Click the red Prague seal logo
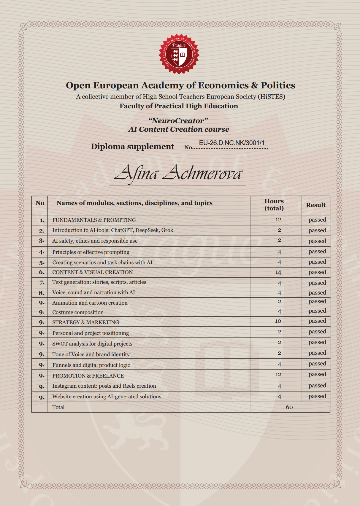pos(179,54)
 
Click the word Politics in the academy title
pos(278,85)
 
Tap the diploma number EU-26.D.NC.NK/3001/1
pos(231,143)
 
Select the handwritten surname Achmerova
pos(203,173)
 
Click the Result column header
pos(316,205)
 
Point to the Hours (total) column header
pos(274,205)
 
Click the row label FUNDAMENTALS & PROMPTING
pos(94,220)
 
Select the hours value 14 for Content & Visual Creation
pos(278,272)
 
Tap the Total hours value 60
pos(289,407)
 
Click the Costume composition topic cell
pos(78,312)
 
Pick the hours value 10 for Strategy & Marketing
pos(278,321)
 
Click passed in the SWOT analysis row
pos(317,342)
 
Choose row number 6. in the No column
pos(42,272)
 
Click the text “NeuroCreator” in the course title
pos(178,121)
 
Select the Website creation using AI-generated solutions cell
pos(107,397)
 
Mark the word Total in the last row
pos(58,407)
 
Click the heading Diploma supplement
pos(132,147)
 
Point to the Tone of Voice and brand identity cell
pos(91,354)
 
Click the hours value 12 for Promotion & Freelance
pos(278,375)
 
